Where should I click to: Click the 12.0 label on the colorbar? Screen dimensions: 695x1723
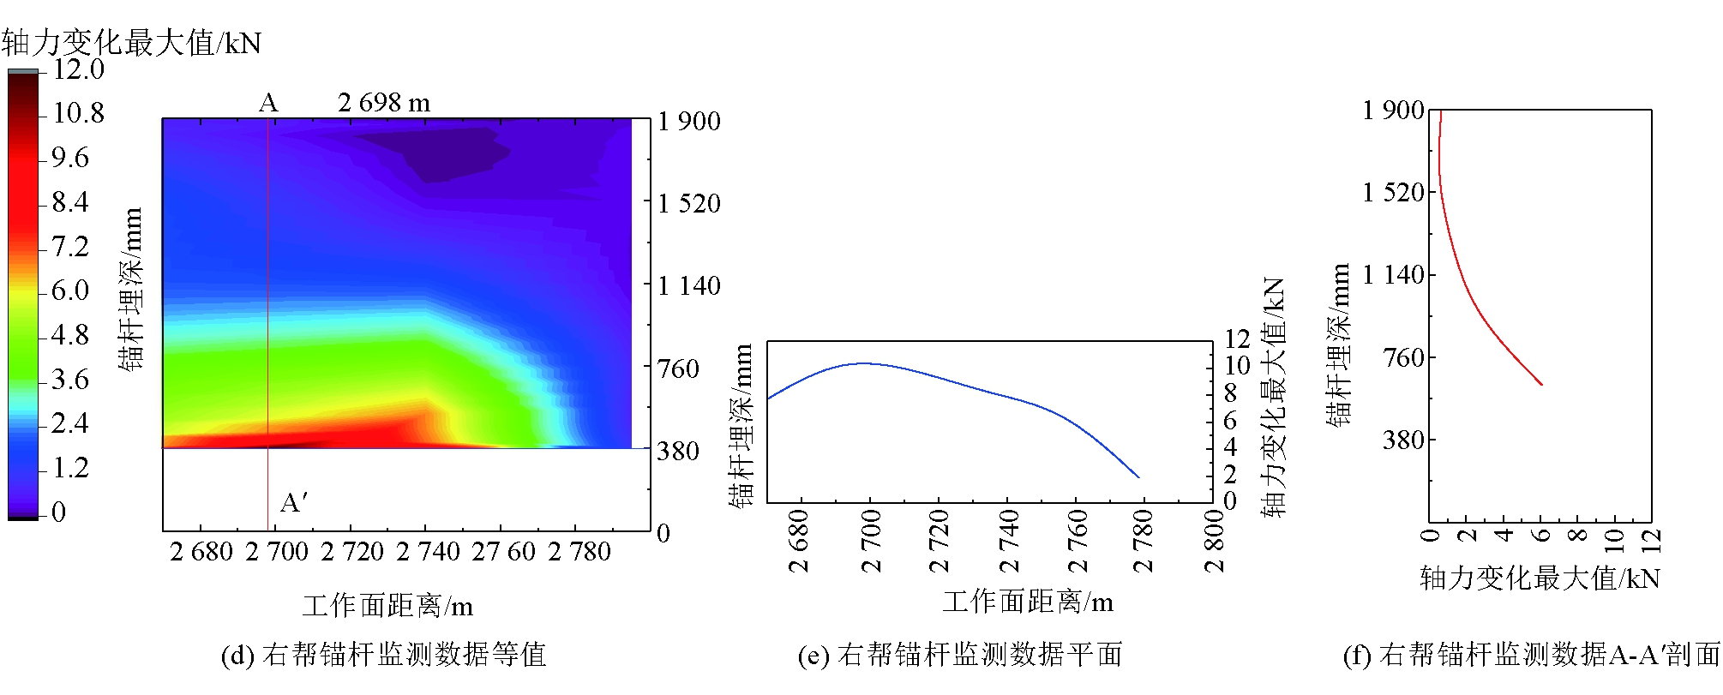[78, 69]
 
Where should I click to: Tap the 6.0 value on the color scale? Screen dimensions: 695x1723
[69, 291]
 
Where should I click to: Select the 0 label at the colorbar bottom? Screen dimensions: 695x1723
[58, 512]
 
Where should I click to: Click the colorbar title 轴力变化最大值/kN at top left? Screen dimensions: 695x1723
[131, 43]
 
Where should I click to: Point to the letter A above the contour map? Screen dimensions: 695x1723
[268, 104]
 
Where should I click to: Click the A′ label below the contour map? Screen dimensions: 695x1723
[294, 502]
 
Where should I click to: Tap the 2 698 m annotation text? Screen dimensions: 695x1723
[384, 103]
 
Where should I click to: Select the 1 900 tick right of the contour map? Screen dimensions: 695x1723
[689, 122]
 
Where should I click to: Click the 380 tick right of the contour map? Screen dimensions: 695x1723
[678, 451]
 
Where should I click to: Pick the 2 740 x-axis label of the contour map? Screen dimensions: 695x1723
[428, 552]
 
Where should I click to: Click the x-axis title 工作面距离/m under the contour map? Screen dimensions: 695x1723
[387, 607]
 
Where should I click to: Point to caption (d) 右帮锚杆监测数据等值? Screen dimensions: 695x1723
[383, 656]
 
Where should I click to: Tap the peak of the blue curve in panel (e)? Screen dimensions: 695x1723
[864, 363]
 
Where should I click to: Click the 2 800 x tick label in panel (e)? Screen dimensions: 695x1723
[1215, 540]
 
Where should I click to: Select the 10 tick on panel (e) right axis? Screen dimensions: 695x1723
[1237, 366]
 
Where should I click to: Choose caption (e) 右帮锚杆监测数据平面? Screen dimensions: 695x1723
[960, 656]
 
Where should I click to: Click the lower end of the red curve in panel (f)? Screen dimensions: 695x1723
[1541, 384]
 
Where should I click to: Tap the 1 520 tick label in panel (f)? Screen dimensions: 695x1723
[1393, 193]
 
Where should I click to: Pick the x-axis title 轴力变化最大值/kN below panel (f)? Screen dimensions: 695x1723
[1540, 578]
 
